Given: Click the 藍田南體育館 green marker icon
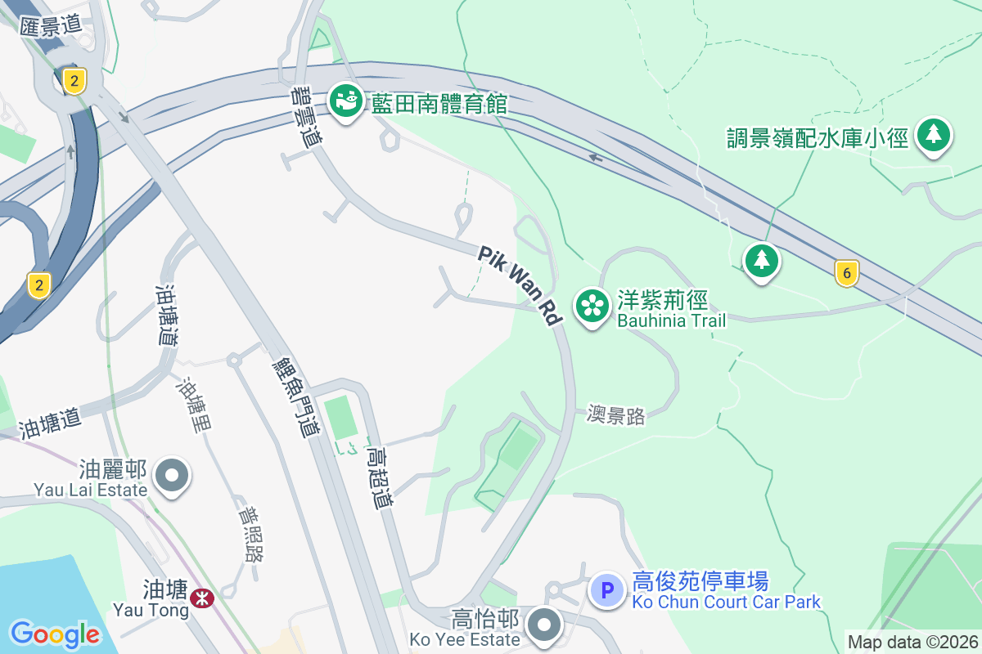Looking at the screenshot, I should [x=347, y=101].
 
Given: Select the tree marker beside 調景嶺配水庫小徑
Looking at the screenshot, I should [x=933, y=135].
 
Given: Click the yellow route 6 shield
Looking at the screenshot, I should [x=846, y=272].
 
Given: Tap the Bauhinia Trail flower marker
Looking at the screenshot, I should [x=593, y=307].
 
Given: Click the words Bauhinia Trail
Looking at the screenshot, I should [x=671, y=320].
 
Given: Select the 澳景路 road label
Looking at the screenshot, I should [x=616, y=415].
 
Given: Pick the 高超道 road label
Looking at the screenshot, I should [x=379, y=477].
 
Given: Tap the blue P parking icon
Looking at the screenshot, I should [x=607, y=589].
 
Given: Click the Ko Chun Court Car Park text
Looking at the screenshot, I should [x=726, y=602].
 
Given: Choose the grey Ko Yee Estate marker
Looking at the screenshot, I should [x=544, y=625].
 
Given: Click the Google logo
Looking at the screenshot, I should [x=55, y=634].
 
